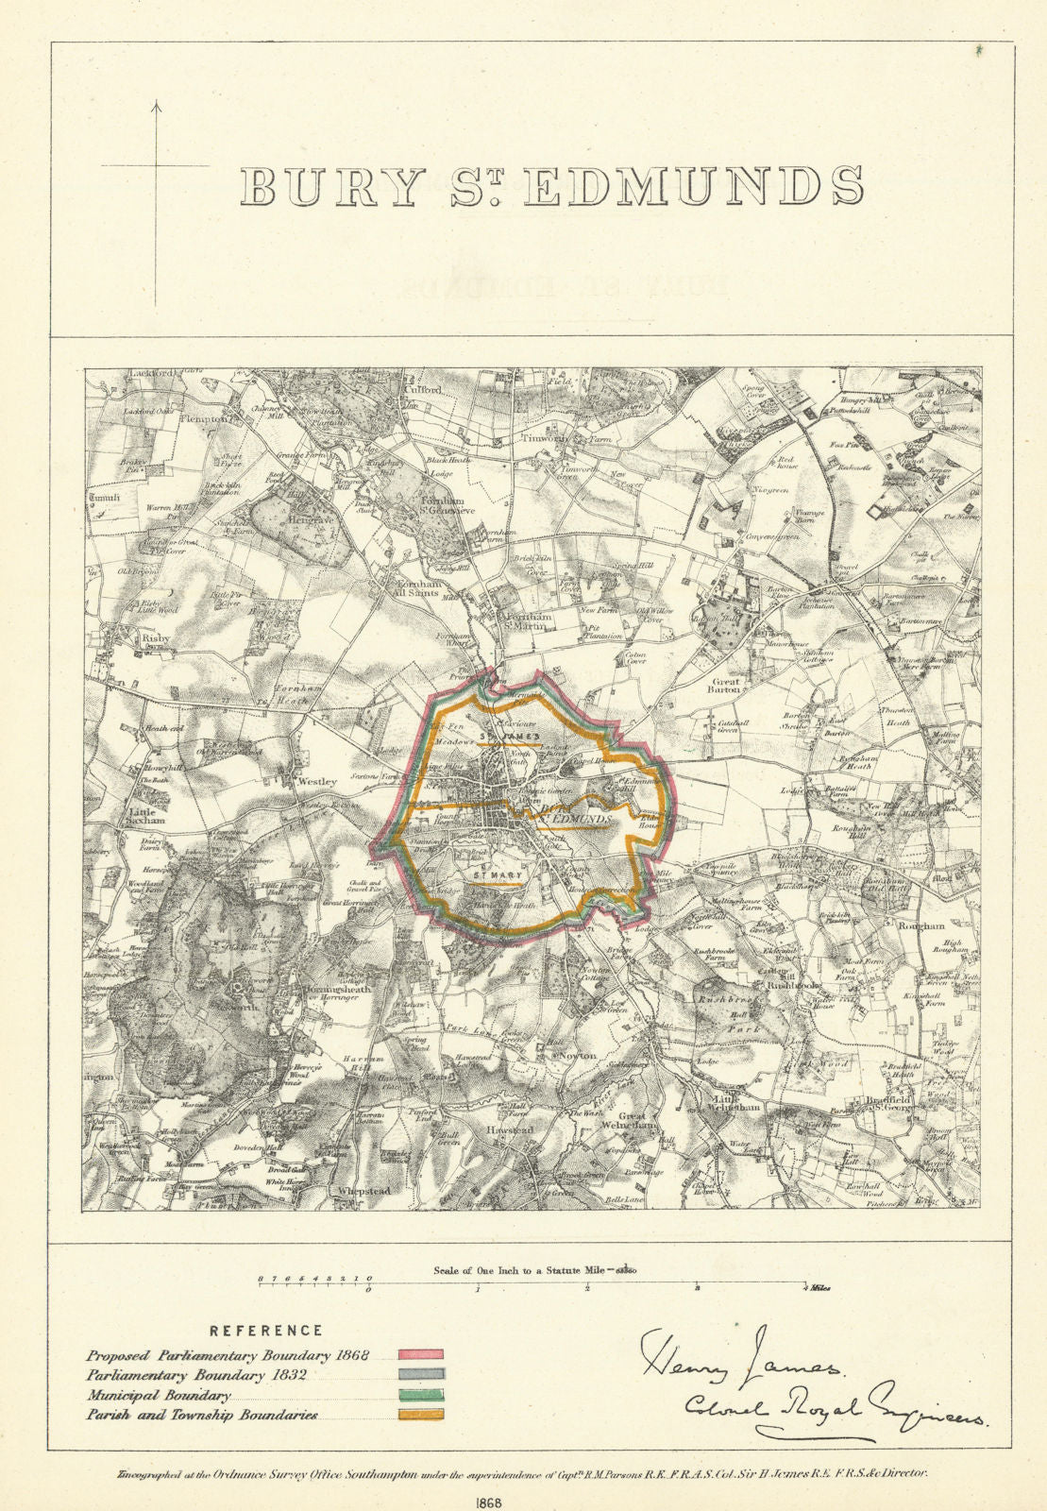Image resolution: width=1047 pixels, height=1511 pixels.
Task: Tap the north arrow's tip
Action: point(157,104)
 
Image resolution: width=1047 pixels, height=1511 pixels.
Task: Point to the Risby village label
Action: point(116,637)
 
